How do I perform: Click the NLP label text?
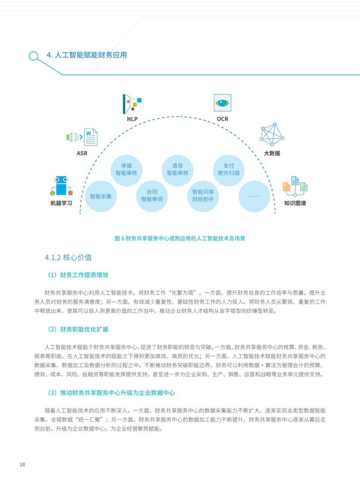click(132, 119)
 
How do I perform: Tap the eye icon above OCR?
click(223, 103)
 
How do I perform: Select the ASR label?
click(82, 153)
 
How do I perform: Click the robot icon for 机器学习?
click(61, 186)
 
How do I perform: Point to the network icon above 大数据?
click(272, 134)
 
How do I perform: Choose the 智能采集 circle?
click(100, 197)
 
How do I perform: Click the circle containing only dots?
click(254, 197)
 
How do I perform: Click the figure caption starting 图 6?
click(180, 238)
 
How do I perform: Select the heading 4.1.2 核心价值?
click(68, 257)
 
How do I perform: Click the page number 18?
click(22, 464)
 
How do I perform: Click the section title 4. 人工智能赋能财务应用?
click(87, 55)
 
